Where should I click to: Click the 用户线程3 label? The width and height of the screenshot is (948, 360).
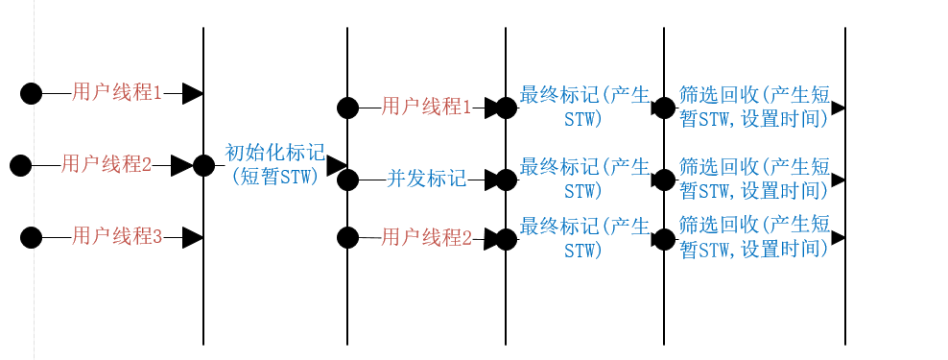point(117,236)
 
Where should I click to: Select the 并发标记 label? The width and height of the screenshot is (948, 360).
point(426,179)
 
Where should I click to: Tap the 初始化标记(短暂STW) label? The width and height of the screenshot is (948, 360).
point(274,165)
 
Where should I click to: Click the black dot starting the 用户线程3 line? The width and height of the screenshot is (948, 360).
point(32,236)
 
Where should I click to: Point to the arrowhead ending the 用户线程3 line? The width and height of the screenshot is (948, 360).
point(192,236)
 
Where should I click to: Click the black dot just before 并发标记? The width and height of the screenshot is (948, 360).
point(347,180)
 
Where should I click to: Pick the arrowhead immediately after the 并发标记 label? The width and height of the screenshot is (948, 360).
point(494,180)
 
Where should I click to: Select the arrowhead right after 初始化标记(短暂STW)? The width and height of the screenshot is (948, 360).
point(336,166)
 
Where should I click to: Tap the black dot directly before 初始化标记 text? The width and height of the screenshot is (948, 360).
point(203,165)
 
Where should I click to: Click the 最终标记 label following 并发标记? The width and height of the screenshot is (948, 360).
point(583,178)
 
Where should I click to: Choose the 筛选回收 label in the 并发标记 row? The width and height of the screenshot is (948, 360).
point(753,178)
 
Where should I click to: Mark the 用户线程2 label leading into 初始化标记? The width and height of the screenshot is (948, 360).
point(107,164)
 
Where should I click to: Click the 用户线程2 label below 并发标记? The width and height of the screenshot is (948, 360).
point(426,237)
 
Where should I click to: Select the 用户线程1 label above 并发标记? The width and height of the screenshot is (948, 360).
point(426,107)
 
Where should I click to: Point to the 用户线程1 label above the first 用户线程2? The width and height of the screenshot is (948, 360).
point(117,92)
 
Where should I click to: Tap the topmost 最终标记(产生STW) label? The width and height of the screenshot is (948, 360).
point(583,106)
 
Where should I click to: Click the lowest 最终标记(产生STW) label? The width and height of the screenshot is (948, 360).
point(583,237)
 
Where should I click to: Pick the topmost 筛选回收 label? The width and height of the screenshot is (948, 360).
point(753,106)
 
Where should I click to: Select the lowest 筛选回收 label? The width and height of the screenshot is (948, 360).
point(753,237)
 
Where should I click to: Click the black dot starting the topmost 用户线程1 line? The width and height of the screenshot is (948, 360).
point(32,93)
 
